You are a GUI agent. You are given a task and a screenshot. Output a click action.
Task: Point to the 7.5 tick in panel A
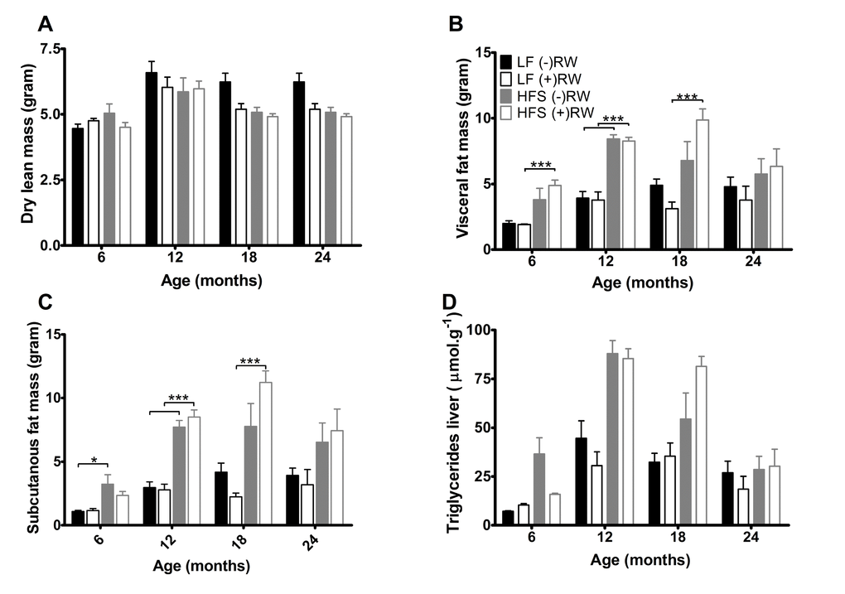[x=51, y=49]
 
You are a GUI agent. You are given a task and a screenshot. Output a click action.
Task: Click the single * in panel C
[x=94, y=459]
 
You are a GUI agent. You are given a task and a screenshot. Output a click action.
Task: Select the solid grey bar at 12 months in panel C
[x=177, y=476]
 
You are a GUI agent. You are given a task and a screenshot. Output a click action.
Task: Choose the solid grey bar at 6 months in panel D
[x=538, y=489]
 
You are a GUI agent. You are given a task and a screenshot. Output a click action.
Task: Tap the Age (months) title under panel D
[x=640, y=560]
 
